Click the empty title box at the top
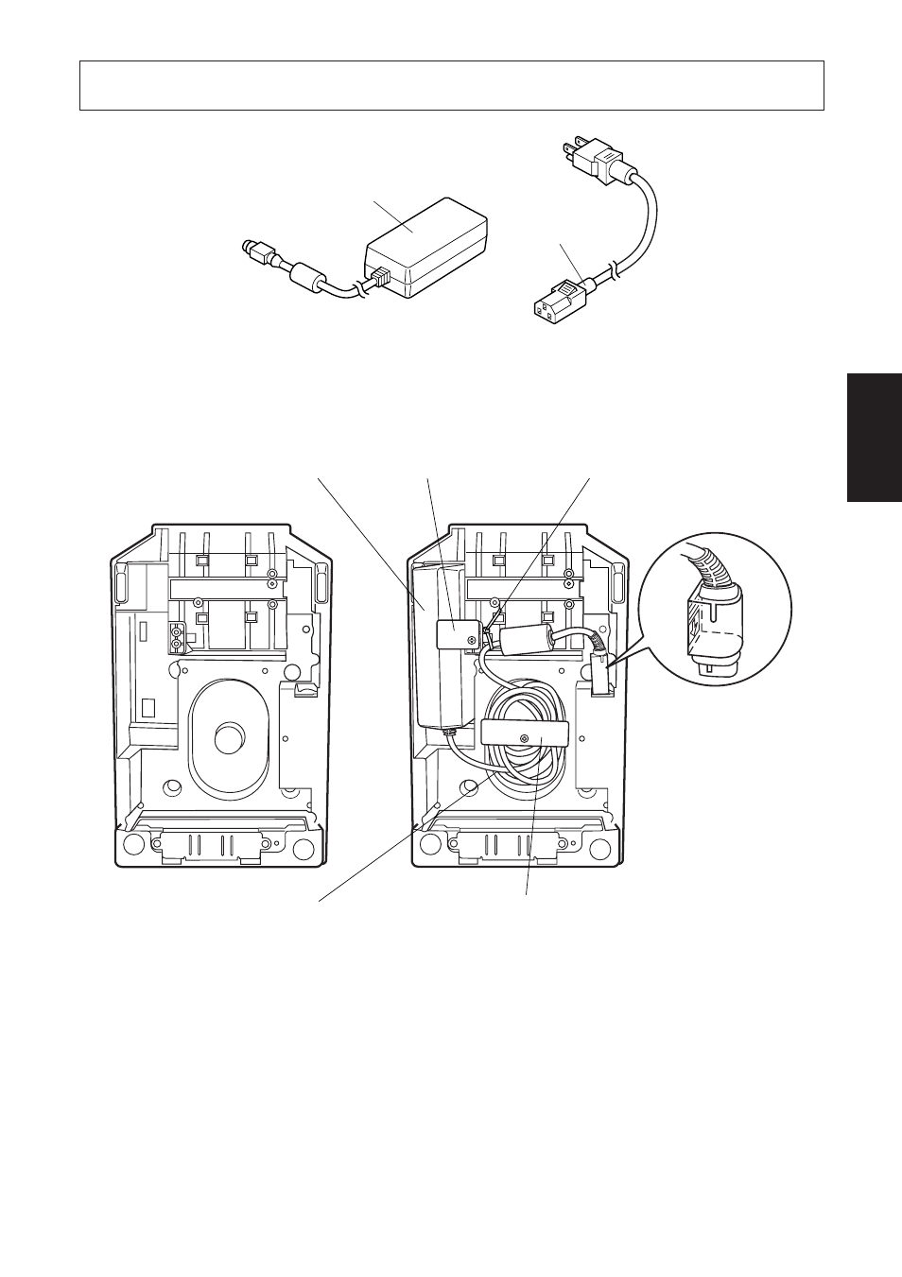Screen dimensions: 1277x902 pyautogui.click(x=451, y=86)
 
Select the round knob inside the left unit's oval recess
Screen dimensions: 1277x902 pyautogui.click(x=227, y=738)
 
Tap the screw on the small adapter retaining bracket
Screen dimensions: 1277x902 pyautogui.click(x=472, y=639)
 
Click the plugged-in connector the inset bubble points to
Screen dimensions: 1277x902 pyautogui.click(x=599, y=677)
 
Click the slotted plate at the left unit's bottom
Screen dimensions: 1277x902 pyautogui.click(x=218, y=846)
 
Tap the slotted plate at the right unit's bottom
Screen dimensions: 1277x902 pyautogui.click(x=516, y=846)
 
